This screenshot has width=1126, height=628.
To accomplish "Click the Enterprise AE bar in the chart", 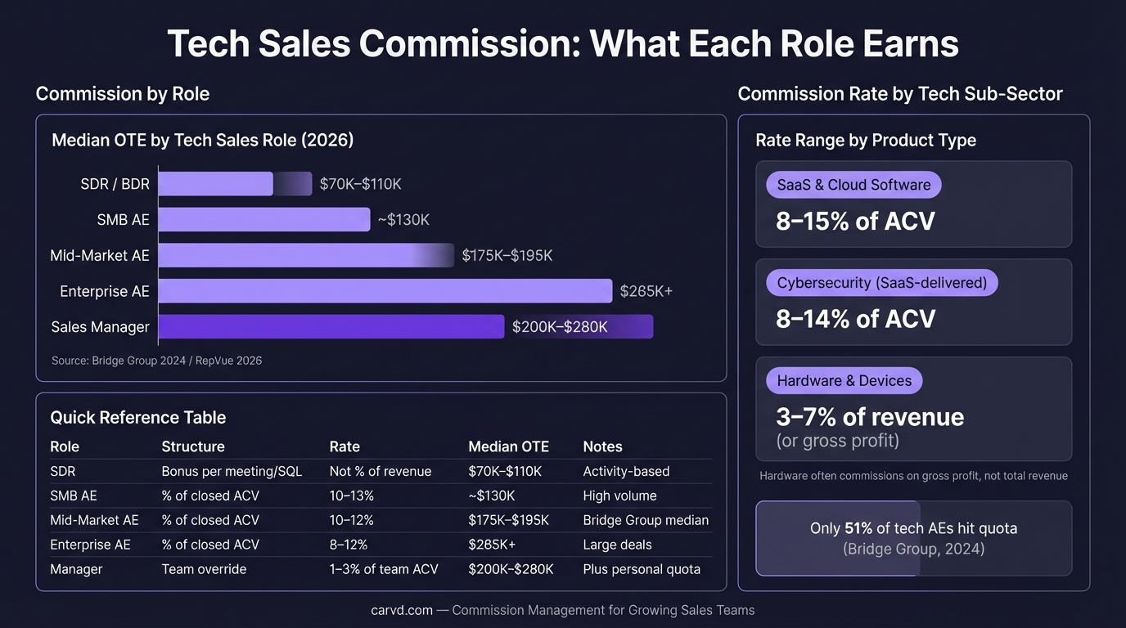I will (x=385, y=291).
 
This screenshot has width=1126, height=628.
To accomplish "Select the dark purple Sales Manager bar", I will (x=331, y=327).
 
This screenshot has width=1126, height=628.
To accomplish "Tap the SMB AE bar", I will (x=263, y=219).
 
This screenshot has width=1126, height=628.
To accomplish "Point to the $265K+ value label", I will (x=646, y=291).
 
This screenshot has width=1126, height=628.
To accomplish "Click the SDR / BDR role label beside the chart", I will (x=115, y=184).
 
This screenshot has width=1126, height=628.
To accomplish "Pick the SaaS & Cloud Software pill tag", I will (x=854, y=185).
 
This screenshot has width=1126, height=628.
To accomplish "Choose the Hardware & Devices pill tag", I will (x=844, y=380).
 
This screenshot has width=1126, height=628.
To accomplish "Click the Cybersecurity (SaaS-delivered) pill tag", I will (x=881, y=283).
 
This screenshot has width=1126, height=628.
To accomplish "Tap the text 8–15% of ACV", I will (x=855, y=221).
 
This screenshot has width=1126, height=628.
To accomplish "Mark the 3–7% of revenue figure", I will (x=870, y=417).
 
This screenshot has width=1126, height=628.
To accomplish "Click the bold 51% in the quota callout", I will (x=858, y=528).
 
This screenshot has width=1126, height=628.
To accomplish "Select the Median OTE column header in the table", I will (x=508, y=446).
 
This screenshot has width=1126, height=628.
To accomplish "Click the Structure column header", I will (x=193, y=446).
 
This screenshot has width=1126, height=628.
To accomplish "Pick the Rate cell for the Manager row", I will (x=384, y=569).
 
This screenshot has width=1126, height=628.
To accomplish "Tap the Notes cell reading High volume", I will (x=619, y=496).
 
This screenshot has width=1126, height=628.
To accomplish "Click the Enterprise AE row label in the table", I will (x=90, y=545).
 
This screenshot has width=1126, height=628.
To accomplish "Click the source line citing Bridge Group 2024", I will (x=156, y=360).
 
